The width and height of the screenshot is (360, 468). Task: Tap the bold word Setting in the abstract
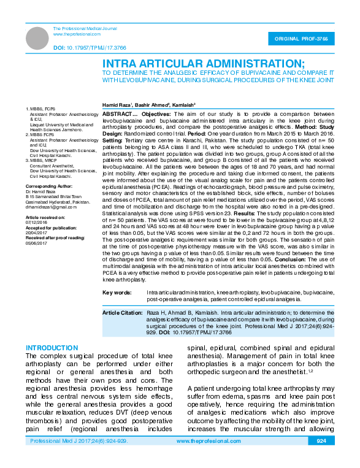[113, 140]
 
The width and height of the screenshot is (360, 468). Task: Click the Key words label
[116, 293]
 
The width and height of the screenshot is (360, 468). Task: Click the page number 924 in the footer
[321, 458]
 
